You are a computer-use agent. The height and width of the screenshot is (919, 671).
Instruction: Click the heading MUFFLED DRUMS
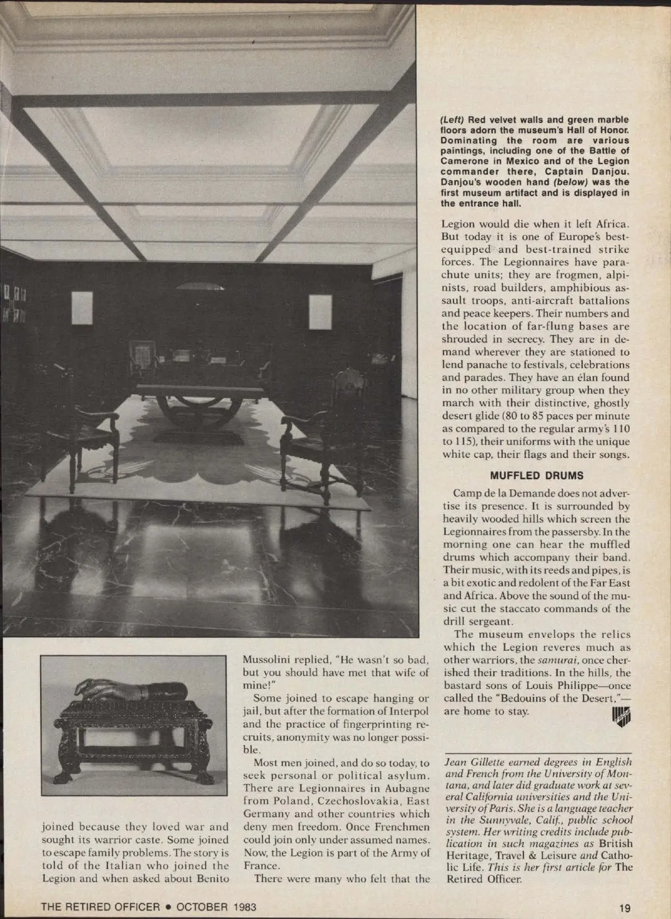pos(536,476)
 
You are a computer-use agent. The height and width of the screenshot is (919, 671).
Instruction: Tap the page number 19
pos(624,908)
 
